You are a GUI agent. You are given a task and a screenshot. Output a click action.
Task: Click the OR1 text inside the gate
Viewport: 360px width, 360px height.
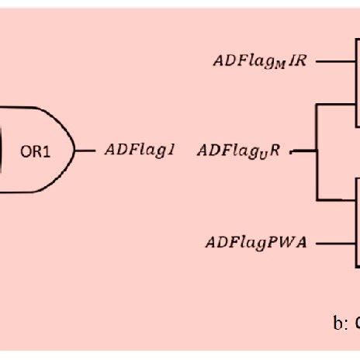[36, 151]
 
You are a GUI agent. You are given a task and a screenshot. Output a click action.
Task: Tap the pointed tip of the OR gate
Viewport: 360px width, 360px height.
[76, 150]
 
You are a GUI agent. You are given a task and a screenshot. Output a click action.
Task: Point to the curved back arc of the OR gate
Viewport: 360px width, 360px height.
[6, 150]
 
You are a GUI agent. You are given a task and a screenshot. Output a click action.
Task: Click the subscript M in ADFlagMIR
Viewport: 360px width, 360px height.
[279, 64]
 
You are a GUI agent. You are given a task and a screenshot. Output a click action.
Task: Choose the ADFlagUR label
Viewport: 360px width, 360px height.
[241, 151]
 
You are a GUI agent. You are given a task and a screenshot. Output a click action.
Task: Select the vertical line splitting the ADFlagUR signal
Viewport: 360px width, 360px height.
[317, 151]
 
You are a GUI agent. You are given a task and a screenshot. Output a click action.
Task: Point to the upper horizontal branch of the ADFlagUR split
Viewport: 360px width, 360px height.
[337, 106]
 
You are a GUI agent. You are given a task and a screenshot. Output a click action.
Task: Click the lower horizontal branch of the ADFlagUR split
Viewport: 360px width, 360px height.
[337, 199]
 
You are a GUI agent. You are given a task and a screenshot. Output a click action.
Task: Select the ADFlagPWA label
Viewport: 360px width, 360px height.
[256, 242]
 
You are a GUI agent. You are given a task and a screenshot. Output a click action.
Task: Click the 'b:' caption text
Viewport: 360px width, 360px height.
[340, 324]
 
